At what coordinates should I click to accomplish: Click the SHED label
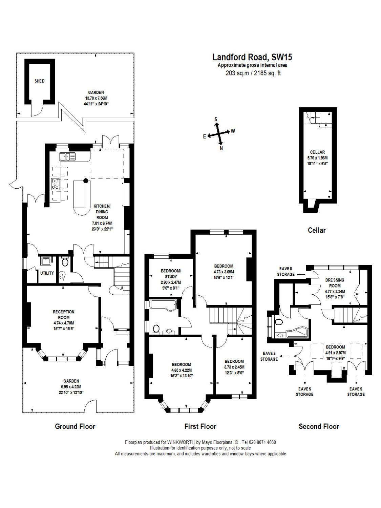tap(39, 81)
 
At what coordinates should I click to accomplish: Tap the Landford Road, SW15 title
tap(252, 57)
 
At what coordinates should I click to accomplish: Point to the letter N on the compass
tap(221, 149)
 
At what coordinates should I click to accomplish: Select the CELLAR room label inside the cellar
tap(317, 152)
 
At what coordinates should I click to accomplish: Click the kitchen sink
tap(67, 156)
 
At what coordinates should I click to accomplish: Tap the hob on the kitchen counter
tap(56, 184)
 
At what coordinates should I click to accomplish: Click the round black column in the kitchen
tap(86, 181)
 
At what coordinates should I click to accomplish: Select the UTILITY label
tap(47, 273)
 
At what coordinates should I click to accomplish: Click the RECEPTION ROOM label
tap(64, 315)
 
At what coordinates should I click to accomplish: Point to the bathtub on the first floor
tap(163, 305)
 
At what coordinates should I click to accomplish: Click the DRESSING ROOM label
tap(335, 283)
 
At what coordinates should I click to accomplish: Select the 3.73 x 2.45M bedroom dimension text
tap(234, 367)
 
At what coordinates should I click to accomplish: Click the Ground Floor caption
tap(75, 426)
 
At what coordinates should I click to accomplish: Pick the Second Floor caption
tap(319, 426)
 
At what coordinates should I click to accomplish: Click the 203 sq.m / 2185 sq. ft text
tap(253, 73)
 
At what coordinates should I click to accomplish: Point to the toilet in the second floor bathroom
tap(279, 322)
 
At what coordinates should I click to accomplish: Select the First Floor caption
tap(200, 426)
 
